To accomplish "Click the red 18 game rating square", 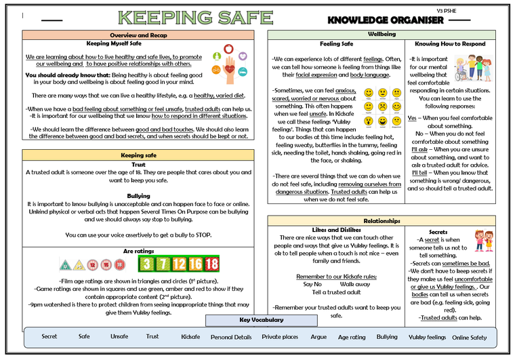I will [211, 264].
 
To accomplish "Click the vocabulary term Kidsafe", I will [190, 336].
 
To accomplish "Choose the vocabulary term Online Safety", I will [469, 337].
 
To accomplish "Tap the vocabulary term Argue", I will [318, 336].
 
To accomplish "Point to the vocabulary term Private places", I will [280, 336].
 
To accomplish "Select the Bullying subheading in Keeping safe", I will [138, 196].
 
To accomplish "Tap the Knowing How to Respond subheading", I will [449, 43].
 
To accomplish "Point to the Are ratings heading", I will [138, 252].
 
